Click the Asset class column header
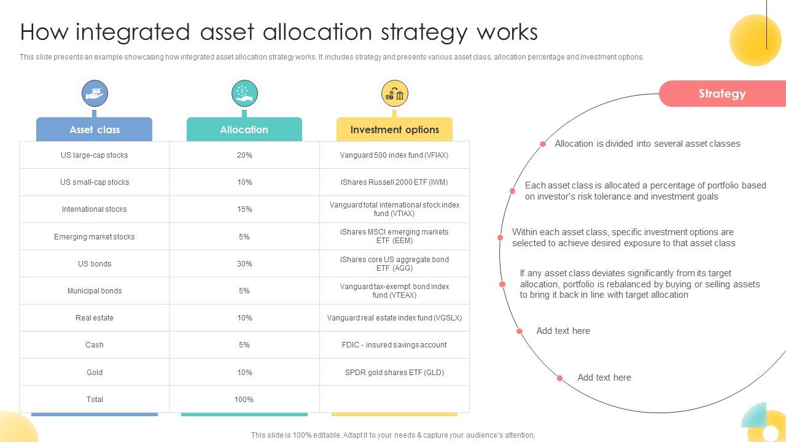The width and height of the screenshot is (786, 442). [x=95, y=130]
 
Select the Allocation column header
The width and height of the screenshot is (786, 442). [x=244, y=130]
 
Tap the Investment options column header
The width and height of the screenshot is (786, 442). [x=394, y=130]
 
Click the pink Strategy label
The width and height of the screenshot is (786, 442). [x=722, y=94]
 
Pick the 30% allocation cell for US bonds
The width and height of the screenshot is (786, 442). [x=244, y=264]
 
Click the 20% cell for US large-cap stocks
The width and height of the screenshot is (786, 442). [x=244, y=155]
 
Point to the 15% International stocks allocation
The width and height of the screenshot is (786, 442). [x=244, y=209]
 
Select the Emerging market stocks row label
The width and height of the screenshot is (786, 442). [x=95, y=237]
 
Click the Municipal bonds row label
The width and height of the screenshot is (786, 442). [x=95, y=291]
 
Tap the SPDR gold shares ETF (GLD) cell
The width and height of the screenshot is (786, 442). [x=394, y=373]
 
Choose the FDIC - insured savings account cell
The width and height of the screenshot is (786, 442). [x=394, y=345]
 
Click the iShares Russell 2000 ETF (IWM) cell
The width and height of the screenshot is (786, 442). [x=394, y=182]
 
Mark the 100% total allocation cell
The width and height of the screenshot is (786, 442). [x=244, y=400]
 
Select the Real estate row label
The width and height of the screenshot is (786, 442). [x=95, y=318]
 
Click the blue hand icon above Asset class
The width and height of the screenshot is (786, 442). [x=95, y=94]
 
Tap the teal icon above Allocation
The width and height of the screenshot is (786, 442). [x=244, y=94]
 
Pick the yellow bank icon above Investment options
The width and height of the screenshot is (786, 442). [x=394, y=94]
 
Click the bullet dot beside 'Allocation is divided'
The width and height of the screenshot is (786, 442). [x=543, y=144]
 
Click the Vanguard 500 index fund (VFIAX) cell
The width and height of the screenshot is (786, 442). [x=394, y=155]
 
